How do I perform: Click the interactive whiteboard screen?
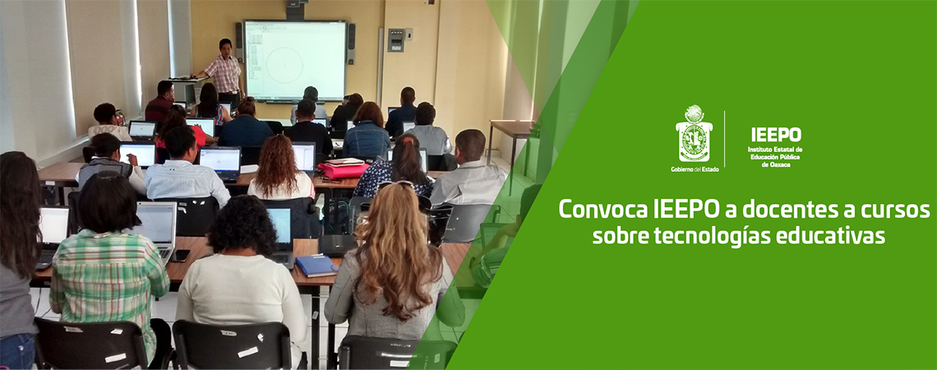[x=293, y=60]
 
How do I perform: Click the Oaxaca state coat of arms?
[x=694, y=136]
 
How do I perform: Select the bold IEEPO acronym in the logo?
[x=775, y=135]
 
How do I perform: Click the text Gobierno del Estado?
[x=694, y=169]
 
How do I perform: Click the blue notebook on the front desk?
[x=316, y=265]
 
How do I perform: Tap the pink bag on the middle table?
[x=344, y=169]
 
